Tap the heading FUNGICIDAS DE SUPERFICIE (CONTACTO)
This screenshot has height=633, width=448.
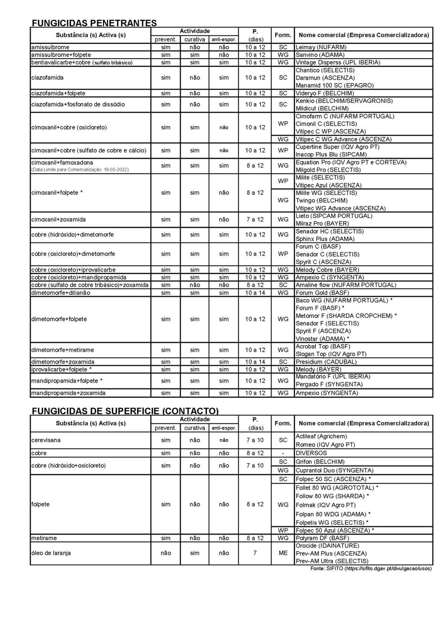[x=125, y=411]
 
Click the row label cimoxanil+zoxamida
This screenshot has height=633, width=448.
[x=59, y=220]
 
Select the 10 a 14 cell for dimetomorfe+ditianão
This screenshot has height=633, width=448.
[x=255, y=293]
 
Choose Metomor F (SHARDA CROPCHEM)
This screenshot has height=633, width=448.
[x=346, y=315]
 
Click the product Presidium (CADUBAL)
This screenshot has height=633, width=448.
[x=326, y=362]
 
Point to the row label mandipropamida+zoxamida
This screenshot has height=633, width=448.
[x=68, y=393]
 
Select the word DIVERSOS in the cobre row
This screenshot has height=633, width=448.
[x=311, y=453]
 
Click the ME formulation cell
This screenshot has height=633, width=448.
[x=283, y=553]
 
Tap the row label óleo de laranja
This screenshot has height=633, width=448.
[x=51, y=553]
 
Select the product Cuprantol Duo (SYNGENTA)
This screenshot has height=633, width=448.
[x=334, y=470]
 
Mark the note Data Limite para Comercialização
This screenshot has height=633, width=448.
[x=80, y=169]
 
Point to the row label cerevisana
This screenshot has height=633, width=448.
[x=46, y=440]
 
